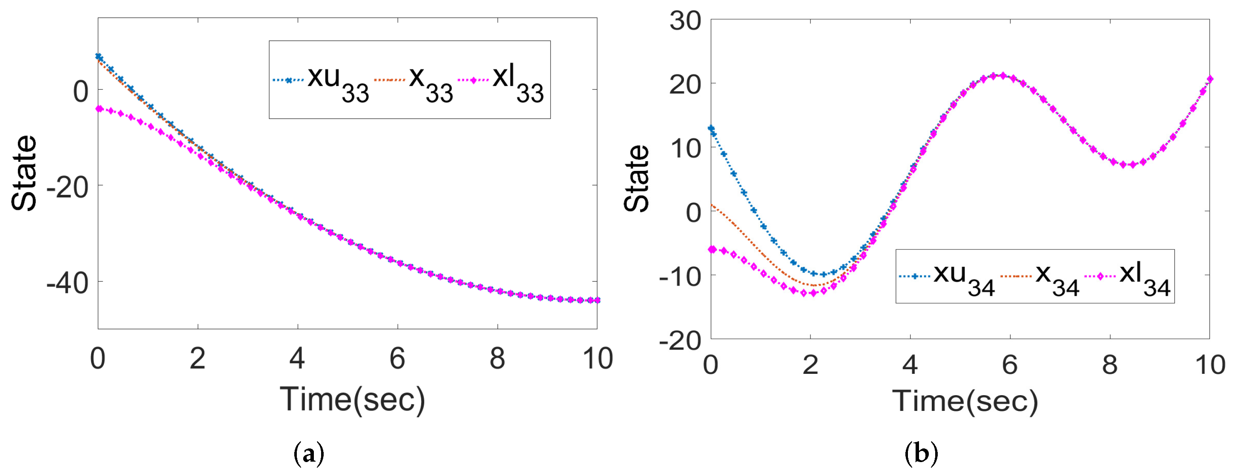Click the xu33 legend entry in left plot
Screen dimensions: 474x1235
tap(321, 81)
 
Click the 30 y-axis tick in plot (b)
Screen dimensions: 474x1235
tap(685, 21)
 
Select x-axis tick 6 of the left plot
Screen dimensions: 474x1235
tap(397, 358)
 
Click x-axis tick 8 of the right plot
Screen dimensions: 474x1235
tap(1110, 364)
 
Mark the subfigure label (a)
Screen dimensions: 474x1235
tap(308, 453)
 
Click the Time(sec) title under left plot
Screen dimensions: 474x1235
tap(352, 400)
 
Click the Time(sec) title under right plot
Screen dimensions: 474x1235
tap(965, 401)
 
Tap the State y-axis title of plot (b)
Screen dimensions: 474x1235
tap(637, 179)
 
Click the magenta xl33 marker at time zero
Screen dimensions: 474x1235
tap(100, 109)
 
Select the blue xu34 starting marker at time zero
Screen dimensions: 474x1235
tap(712, 129)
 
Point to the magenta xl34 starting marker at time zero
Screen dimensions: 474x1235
tap(712, 249)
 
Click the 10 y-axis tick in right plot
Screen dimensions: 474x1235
tap(685, 148)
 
